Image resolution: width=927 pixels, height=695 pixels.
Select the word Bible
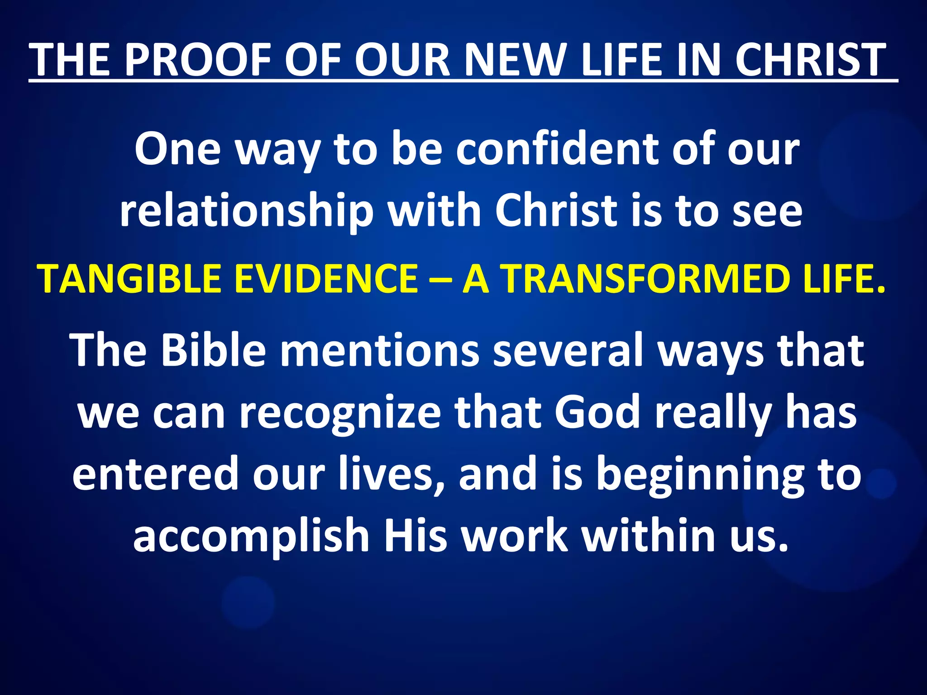click(x=213, y=350)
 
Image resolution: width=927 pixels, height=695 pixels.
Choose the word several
click(x=568, y=350)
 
